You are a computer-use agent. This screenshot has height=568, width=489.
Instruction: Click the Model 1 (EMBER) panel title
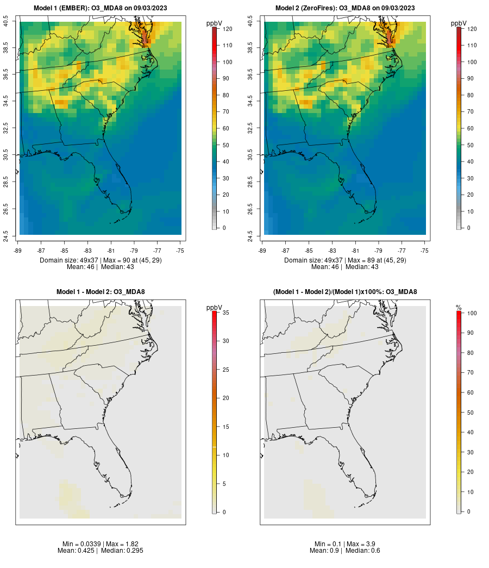click(101, 8)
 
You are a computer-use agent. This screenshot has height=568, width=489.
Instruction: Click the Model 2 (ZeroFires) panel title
click(345, 8)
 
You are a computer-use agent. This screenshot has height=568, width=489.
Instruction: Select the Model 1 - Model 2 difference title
click(101, 292)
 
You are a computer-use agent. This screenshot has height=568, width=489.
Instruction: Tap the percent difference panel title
click(345, 292)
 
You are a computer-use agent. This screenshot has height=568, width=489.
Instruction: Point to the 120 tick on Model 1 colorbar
click(227, 29)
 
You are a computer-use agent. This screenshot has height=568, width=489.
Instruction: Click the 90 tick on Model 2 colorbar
click(472, 79)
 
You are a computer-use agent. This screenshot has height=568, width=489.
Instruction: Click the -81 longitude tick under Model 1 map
click(111, 251)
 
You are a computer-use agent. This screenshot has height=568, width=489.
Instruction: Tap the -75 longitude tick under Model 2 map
click(425, 251)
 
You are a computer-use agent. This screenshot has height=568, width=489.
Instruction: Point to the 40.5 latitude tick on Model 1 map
click(6, 22)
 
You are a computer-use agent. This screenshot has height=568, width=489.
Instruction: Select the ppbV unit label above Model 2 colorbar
click(459, 23)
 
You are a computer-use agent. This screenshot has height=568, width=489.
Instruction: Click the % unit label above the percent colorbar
click(459, 308)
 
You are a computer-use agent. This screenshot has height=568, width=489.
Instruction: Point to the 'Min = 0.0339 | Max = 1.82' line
click(101, 544)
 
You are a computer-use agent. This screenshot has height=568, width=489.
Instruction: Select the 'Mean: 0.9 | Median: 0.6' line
click(345, 551)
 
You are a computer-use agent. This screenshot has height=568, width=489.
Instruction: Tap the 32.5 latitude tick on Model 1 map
click(6, 128)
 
